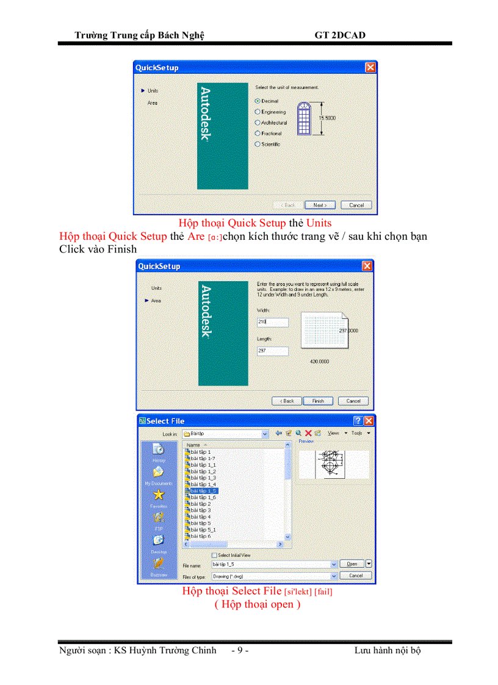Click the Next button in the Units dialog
click(320, 205)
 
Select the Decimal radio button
click(258, 101)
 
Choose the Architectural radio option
click(258, 123)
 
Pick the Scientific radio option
click(258, 145)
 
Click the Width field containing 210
click(272, 322)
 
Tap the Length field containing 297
click(272, 351)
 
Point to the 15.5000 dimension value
click(328, 118)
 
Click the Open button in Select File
click(352, 564)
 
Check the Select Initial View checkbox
click(214, 555)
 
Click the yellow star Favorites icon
click(158, 495)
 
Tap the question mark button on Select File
click(358, 421)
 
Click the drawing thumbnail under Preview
click(330, 464)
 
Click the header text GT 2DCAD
click(340, 35)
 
